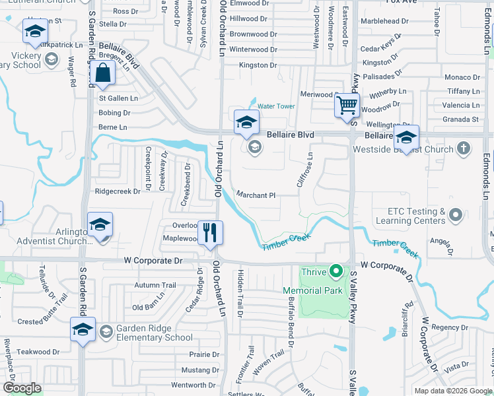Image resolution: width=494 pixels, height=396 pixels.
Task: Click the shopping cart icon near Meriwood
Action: point(347,105)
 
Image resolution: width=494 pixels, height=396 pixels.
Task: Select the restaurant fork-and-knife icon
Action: point(210,232)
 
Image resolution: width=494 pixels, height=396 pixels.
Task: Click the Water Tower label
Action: point(276,106)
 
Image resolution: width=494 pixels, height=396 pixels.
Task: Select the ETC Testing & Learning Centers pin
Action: point(456,215)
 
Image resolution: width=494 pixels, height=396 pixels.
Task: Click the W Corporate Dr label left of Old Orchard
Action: point(151,261)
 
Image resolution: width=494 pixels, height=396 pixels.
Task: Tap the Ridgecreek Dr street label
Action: point(118,191)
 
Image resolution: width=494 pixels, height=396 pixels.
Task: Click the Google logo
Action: point(22,388)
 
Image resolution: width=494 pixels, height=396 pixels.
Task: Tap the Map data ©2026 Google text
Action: point(453,391)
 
